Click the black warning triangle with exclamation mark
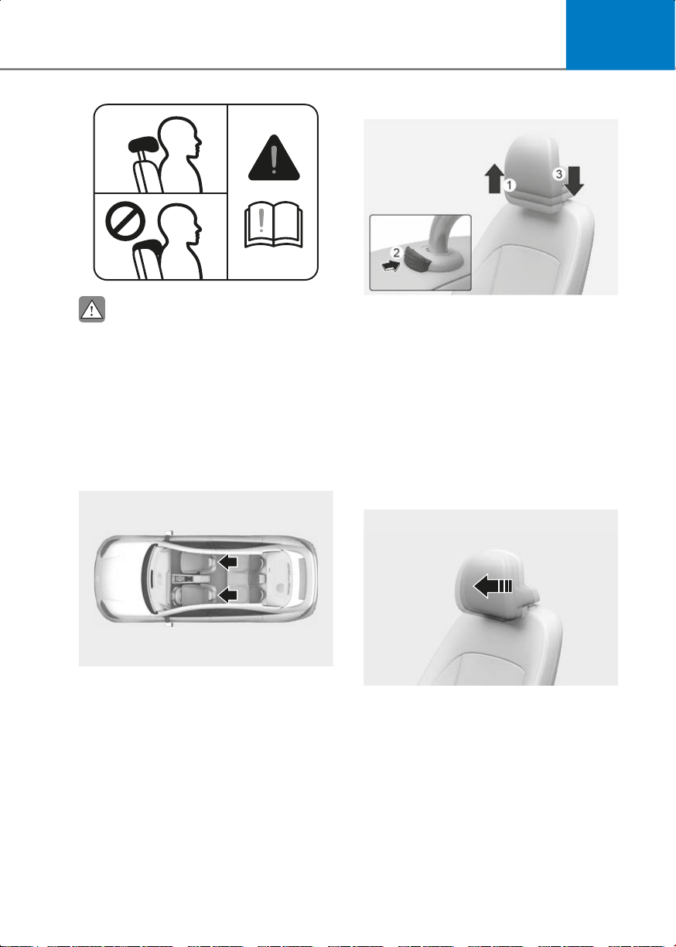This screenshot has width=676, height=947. click(274, 158)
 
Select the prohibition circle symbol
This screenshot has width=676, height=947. click(125, 221)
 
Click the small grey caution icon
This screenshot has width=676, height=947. click(92, 309)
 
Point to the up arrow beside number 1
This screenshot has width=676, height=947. click(494, 179)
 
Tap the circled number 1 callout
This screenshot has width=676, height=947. click(510, 185)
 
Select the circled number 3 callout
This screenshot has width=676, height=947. click(558, 174)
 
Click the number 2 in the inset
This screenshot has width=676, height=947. click(396, 253)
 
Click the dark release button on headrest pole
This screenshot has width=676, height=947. click(418, 260)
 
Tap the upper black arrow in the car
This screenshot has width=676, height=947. click(227, 561)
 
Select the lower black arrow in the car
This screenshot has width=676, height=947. click(227, 594)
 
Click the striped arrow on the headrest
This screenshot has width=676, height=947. click(493, 585)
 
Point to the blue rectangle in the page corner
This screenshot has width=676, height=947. click(620, 35)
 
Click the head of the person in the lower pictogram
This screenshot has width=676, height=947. click(179, 222)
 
